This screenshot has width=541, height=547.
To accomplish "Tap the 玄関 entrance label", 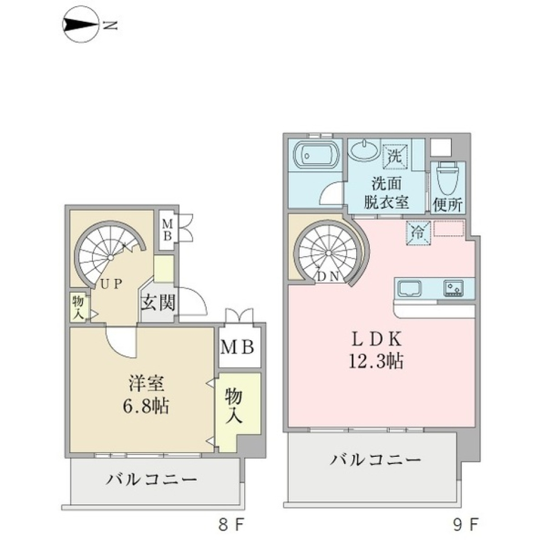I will pos(157,303).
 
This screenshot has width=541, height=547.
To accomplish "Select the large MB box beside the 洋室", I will pos(240,346).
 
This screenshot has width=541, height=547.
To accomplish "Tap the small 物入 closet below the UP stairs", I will pos(78,307).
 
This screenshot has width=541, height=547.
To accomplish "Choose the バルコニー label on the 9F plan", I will pos(375,460).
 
